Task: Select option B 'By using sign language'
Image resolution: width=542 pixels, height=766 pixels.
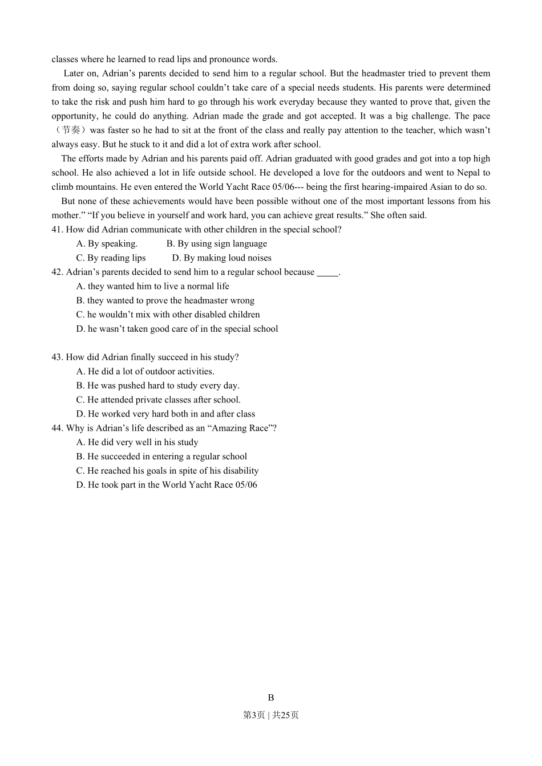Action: point(217,244)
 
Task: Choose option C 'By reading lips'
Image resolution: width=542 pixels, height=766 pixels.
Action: point(111,258)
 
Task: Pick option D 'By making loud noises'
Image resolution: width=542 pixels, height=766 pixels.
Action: point(222,258)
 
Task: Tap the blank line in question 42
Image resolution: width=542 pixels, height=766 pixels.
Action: point(327,272)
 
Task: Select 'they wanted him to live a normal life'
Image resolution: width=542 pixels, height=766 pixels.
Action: point(153,287)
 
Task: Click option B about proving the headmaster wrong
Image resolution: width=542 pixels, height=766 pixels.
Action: point(165,301)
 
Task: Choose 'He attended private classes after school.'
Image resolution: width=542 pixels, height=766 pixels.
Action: point(159,400)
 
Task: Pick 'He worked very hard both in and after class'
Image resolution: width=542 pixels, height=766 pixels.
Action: point(165,414)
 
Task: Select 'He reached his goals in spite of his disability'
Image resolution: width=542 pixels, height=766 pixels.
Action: point(167,471)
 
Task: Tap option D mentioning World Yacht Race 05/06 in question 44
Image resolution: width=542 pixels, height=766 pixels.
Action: point(167,485)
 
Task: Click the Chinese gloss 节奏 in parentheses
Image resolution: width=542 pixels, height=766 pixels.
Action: point(71,131)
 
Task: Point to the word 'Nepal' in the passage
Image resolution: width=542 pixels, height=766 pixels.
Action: point(468,173)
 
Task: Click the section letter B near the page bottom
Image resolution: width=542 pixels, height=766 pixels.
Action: point(271,698)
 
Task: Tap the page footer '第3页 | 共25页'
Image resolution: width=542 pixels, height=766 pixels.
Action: point(271,715)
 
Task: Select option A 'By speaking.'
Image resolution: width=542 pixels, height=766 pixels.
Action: point(107,244)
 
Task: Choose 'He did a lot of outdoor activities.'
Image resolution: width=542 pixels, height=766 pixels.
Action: point(145,372)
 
